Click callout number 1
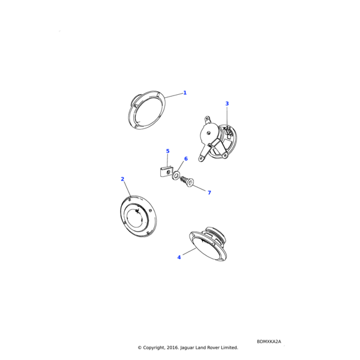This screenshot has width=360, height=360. click(185, 93)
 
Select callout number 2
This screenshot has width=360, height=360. click(122, 179)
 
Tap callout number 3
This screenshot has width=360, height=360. click(227, 104)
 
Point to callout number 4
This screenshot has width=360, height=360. click(179, 257)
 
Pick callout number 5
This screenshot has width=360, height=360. click(167, 151)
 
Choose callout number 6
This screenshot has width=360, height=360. click(185, 159)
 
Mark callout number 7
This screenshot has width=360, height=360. click(209, 193)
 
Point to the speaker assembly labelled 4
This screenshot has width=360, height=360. click(210, 244)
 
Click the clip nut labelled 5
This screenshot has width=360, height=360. click(166, 172)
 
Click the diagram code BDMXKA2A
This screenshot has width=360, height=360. click(269, 341)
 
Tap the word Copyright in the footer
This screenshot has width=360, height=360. click(155, 347)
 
